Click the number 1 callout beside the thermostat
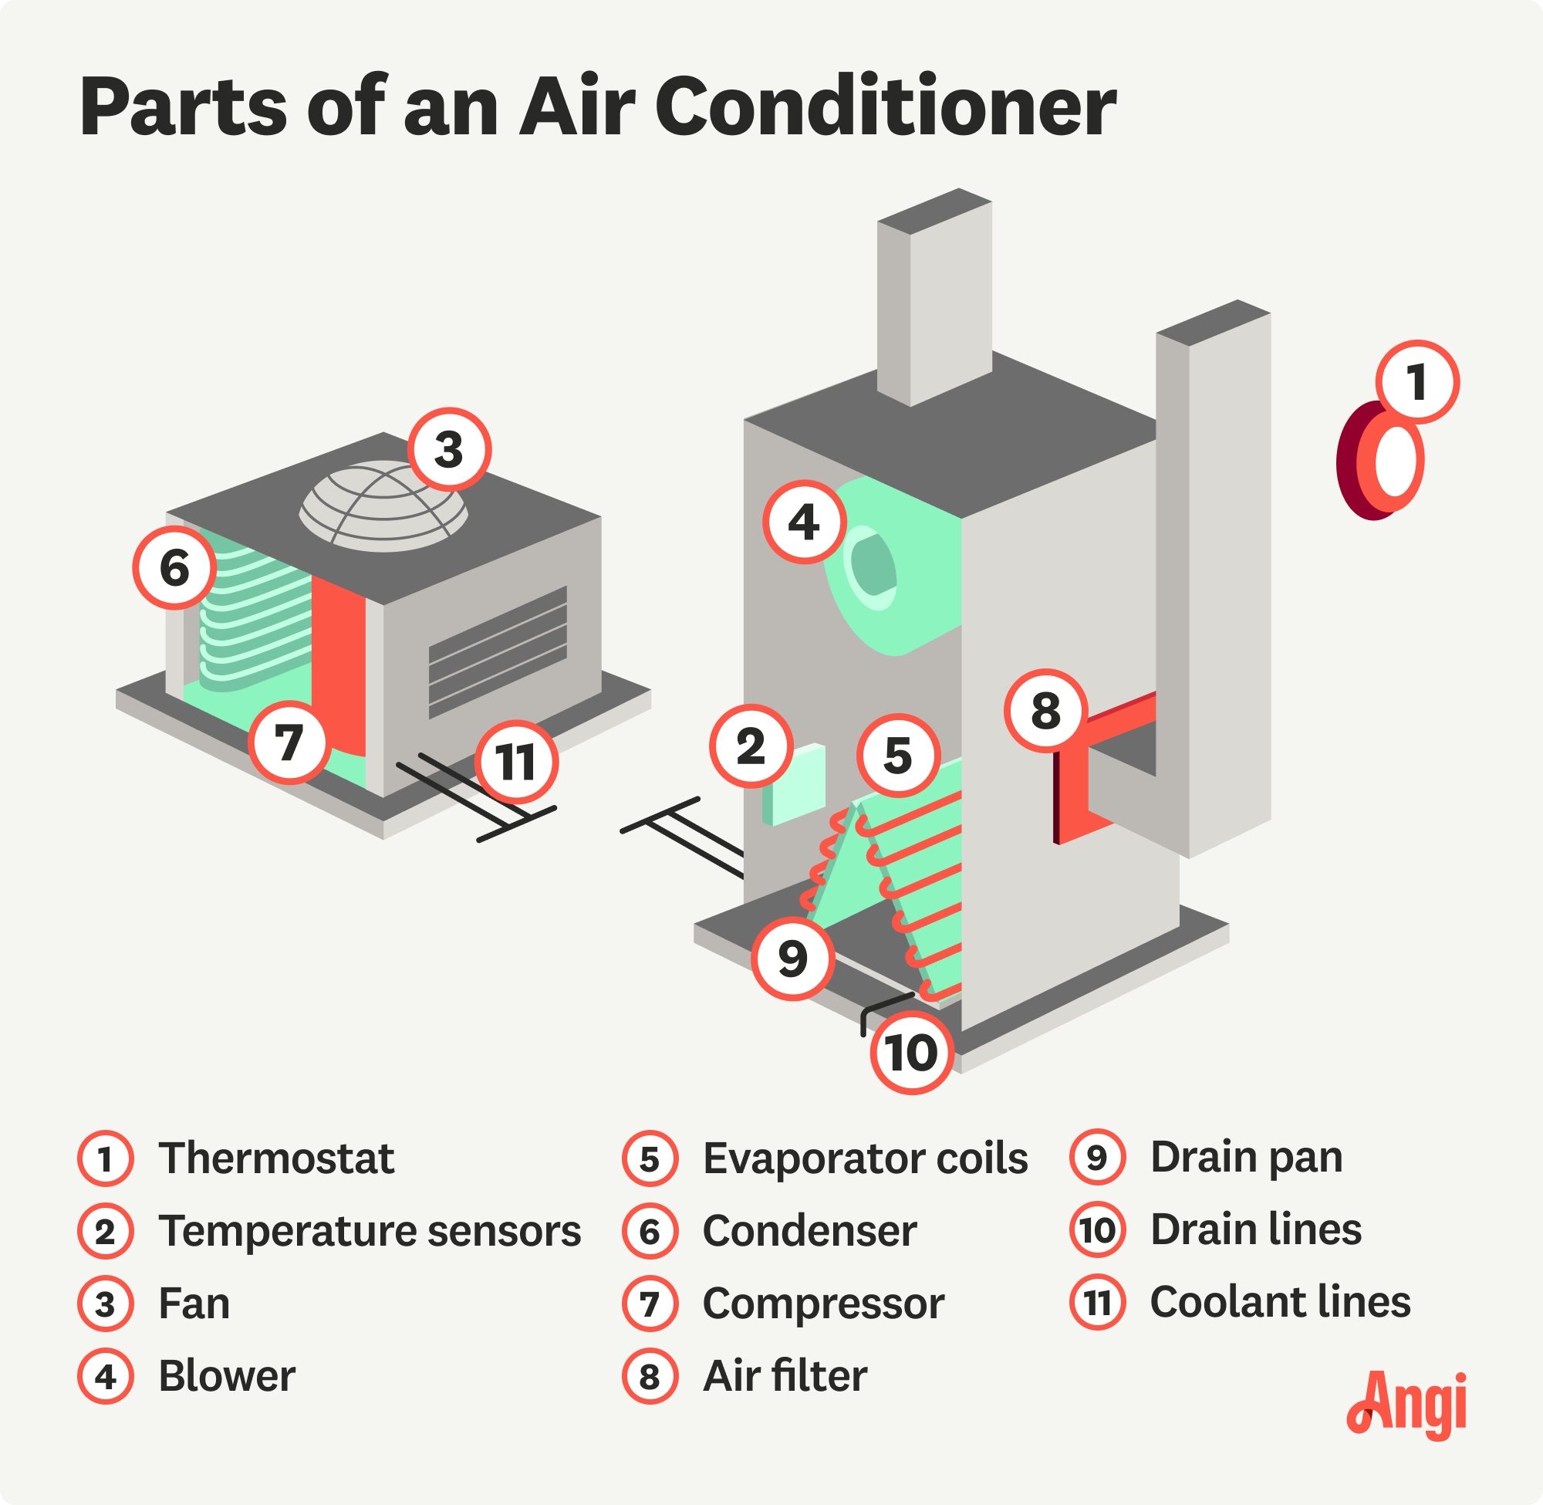click(1416, 383)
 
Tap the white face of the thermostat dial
click(1395, 461)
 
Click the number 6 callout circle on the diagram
click(174, 567)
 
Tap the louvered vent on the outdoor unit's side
click(498, 651)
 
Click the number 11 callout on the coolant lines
click(517, 762)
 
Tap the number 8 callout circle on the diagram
click(1045, 710)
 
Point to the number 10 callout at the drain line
click(912, 1052)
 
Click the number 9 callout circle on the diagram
click(792, 959)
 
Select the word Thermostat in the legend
click(275, 1158)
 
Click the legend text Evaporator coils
click(865, 1158)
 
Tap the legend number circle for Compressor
click(650, 1304)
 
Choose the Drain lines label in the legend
click(1255, 1230)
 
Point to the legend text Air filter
click(785, 1376)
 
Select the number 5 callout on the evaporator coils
click(898, 755)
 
